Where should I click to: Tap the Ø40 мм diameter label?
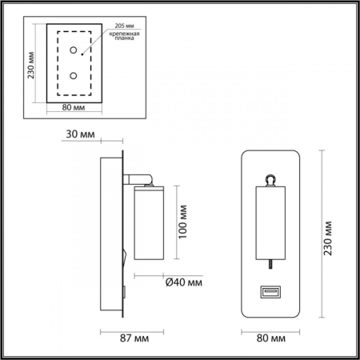[x=184, y=282]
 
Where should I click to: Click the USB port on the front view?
[x=270, y=294]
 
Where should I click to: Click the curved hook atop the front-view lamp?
[x=270, y=179]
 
